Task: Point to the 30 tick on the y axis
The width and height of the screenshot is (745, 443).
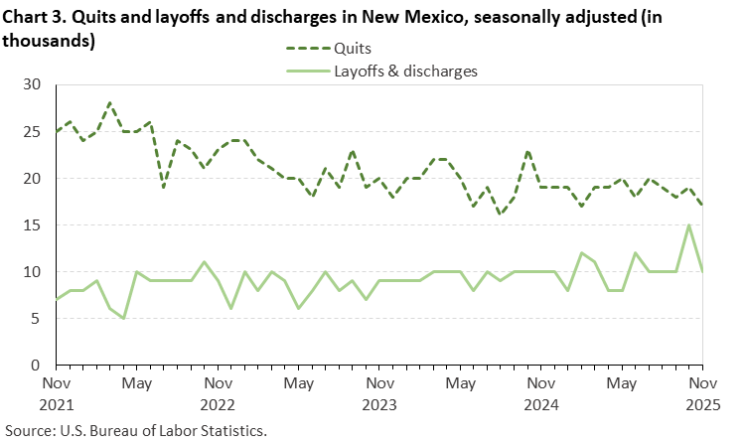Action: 34,85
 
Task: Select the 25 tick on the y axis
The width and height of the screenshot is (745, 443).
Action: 34,132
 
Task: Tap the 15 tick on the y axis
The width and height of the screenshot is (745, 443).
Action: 34,225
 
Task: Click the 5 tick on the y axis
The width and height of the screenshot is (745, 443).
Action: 38,319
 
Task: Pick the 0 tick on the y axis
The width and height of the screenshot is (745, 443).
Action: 38,366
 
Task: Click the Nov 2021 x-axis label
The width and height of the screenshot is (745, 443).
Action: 56,390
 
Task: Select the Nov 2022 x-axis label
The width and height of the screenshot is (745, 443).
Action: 218,390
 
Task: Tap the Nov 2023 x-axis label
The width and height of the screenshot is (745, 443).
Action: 379,390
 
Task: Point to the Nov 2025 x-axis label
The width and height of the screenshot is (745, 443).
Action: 703,390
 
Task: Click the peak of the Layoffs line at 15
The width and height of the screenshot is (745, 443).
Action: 689,225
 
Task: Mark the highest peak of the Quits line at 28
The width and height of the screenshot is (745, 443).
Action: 109,103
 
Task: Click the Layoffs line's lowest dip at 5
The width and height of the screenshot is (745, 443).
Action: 123,318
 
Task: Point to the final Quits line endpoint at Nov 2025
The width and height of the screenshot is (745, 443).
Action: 703,206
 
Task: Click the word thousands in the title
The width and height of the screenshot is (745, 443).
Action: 48,42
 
